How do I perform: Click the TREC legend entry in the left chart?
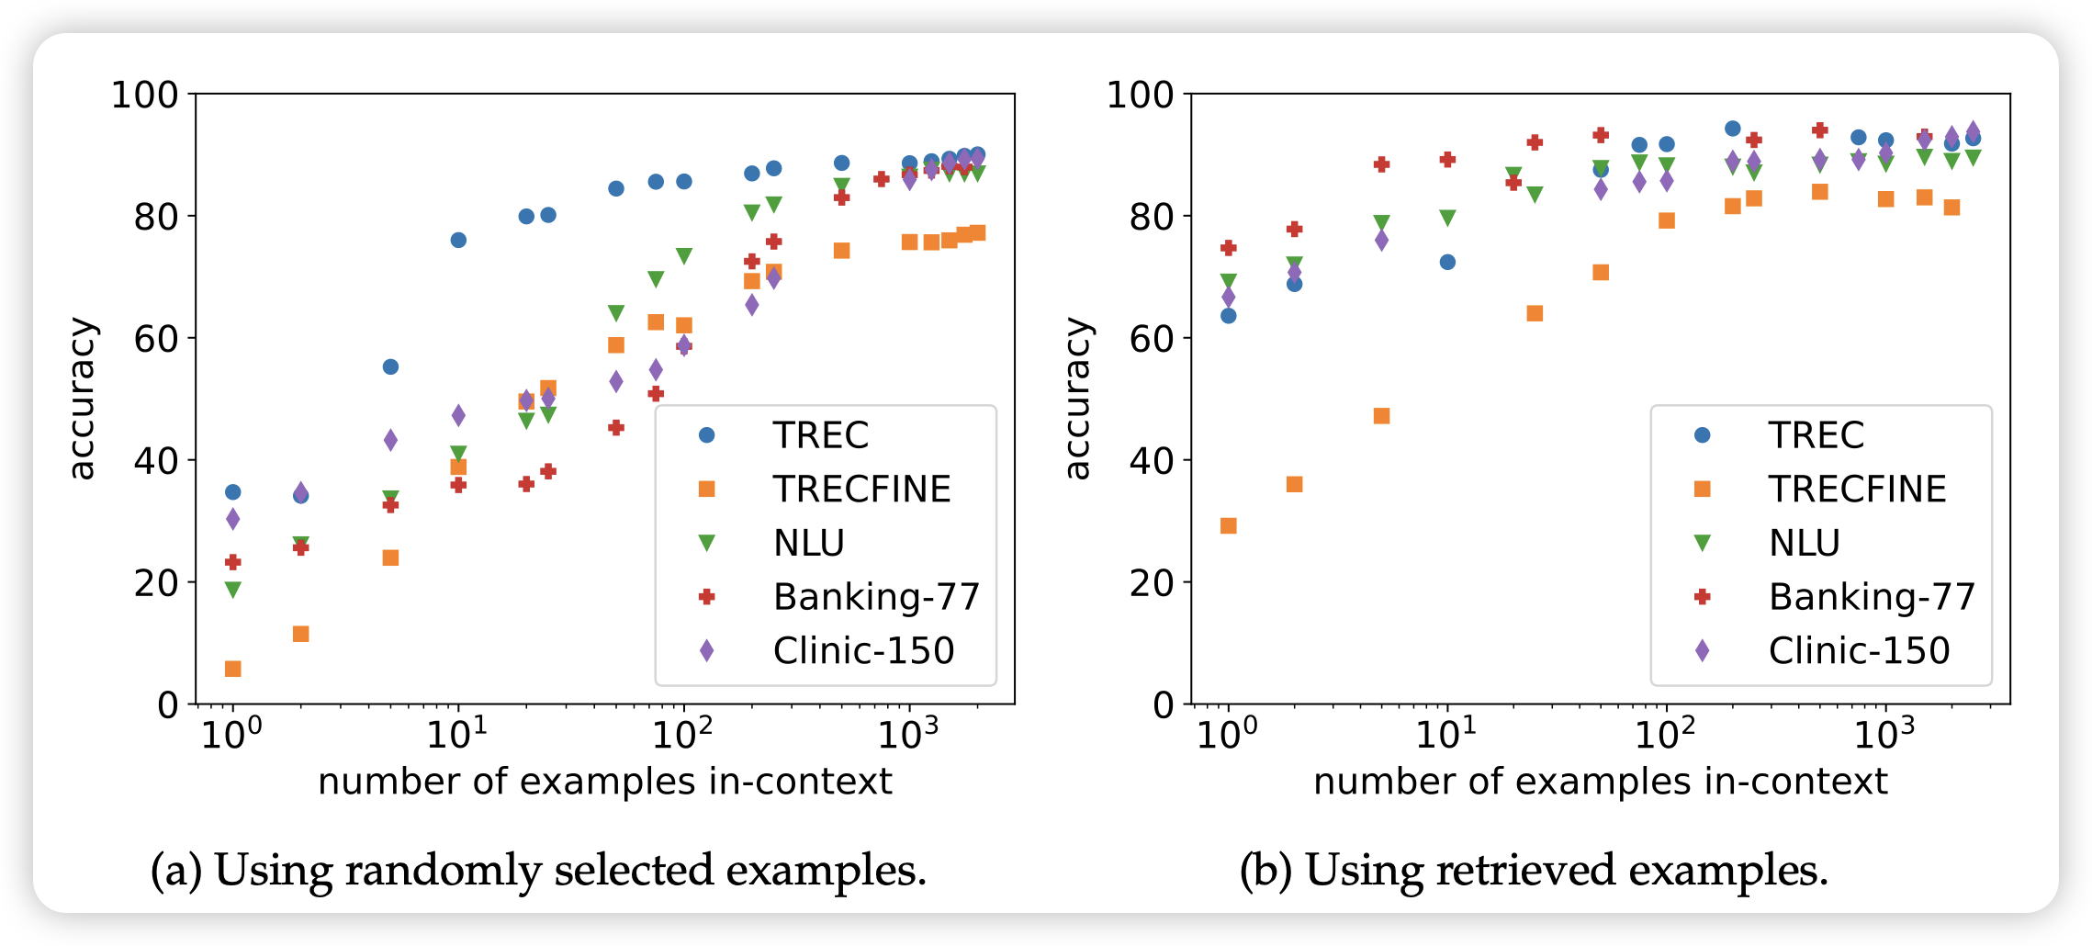click(x=819, y=435)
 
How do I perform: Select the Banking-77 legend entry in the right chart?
click(x=1871, y=597)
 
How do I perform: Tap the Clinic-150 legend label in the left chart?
click(x=863, y=651)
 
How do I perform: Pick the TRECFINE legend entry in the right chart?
click(x=1856, y=490)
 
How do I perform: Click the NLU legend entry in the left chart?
click(x=808, y=544)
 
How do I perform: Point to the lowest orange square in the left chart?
click(x=233, y=669)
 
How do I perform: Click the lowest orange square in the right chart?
click(x=1229, y=525)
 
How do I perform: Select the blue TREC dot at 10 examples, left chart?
click(x=458, y=241)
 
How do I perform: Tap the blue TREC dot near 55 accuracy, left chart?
click(x=390, y=367)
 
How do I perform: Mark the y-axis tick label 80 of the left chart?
click(x=156, y=217)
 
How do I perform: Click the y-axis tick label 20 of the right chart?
click(x=1152, y=582)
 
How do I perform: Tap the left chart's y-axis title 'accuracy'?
click(x=82, y=399)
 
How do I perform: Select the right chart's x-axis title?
click(x=1600, y=782)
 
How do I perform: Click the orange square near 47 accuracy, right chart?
click(x=1381, y=416)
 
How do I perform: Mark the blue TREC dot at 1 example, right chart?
click(x=1229, y=316)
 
